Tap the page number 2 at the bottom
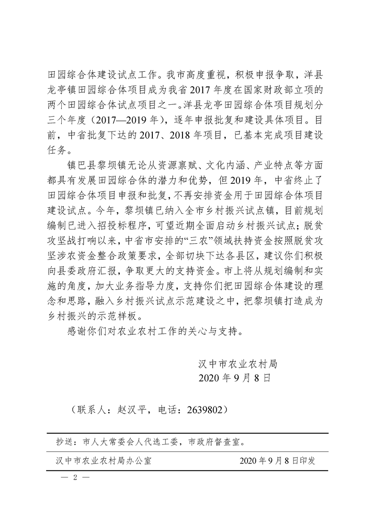[x=75, y=477]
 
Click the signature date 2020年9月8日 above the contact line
[x=235, y=378]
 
